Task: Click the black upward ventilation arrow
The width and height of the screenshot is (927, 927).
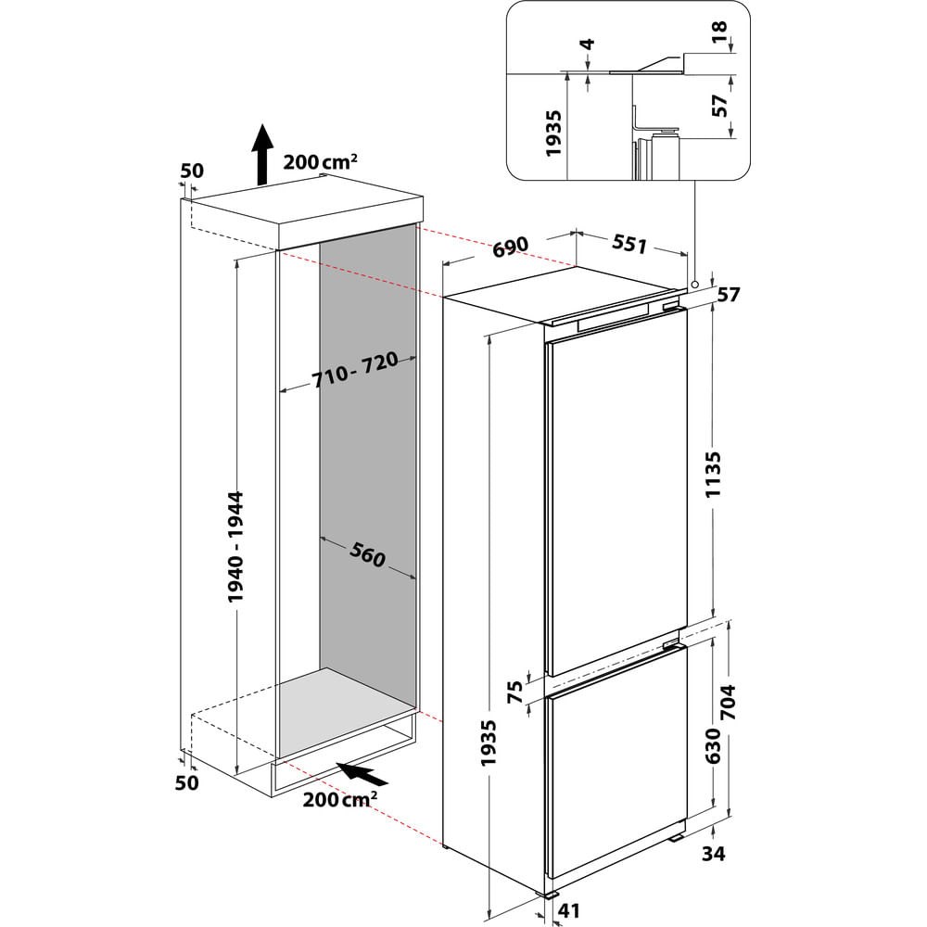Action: [263, 154]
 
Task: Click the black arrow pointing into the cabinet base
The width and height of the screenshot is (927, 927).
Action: [362, 772]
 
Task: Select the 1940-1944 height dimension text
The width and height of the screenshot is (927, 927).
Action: [240, 548]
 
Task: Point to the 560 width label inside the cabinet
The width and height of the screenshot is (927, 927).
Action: [367, 554]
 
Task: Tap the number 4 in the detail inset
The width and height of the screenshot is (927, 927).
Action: [587, 44]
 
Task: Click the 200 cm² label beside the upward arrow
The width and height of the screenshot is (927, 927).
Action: [320, 161]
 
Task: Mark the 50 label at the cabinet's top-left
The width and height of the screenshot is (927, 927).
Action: [192, 171]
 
